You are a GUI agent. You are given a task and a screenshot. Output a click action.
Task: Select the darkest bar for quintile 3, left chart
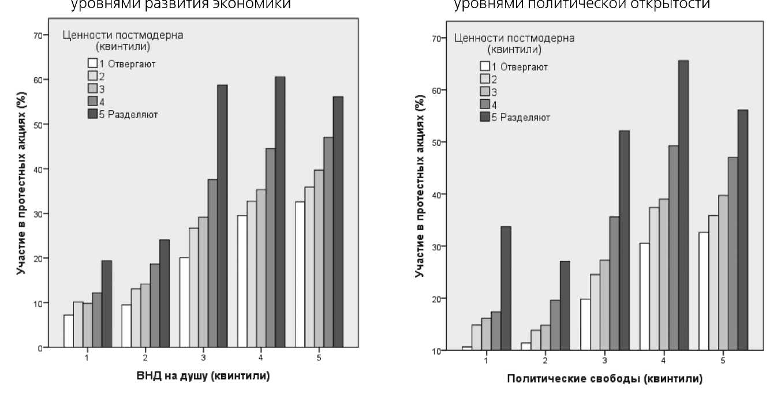222,216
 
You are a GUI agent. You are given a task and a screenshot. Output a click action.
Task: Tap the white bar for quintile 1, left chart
69,331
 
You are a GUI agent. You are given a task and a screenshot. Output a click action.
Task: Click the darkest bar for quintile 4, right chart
683,205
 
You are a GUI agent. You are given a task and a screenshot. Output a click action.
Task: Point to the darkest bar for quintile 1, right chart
506,288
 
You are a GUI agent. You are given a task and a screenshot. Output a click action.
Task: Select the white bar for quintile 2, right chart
526,346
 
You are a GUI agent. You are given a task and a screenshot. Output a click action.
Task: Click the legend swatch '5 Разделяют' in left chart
93,114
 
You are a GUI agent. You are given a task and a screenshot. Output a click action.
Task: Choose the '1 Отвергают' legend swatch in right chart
485,66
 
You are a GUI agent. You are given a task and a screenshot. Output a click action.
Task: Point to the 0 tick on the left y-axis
40,347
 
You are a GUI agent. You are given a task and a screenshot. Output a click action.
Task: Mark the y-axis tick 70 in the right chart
436,39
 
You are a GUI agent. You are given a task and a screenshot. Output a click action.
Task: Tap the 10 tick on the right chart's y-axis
436,350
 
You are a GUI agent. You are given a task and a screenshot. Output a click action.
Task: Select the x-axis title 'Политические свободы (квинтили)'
604,379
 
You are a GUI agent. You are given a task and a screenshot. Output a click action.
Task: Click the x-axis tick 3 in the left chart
203,358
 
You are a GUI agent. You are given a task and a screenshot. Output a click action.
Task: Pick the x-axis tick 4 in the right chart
664,361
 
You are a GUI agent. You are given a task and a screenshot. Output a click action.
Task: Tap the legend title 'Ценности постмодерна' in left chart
122,35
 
